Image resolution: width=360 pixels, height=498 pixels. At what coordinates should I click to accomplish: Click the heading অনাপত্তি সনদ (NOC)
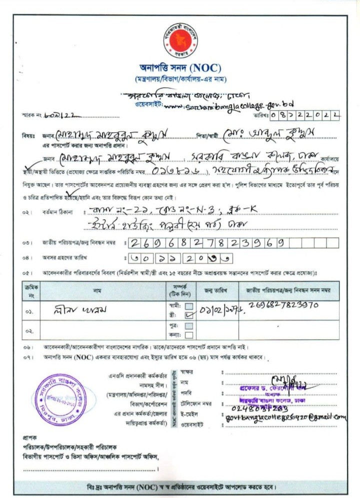[180, 68]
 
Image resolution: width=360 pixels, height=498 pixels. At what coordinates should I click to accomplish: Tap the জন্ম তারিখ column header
[215, 290]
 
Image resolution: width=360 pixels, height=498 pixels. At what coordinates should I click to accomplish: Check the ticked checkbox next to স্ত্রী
[189, 315]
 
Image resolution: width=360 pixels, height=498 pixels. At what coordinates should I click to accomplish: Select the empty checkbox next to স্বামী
[189, 306]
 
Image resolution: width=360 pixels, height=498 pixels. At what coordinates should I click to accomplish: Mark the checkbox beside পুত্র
[189, 326]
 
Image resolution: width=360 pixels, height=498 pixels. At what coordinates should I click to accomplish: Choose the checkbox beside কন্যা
[189, 334]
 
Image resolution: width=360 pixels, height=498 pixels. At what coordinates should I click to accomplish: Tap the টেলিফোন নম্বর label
[199, 403]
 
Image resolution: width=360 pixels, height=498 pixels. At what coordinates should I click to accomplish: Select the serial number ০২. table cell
[29, 331]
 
